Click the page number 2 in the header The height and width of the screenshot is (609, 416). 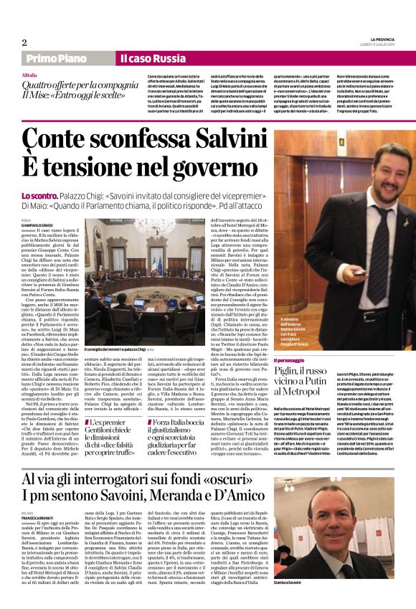coord(24,42)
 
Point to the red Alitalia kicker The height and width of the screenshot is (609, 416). coord(29,75)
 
